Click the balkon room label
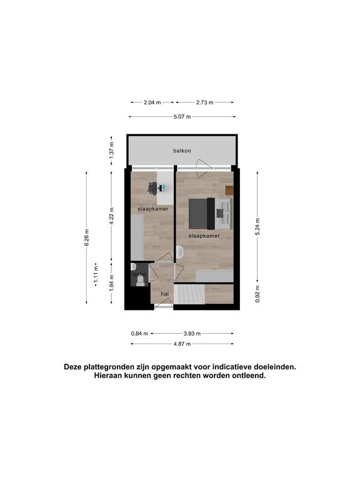point(182,151)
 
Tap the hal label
point(165,294)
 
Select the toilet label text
point(139,275)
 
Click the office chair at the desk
point(152,189)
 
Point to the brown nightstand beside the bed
point(229,191)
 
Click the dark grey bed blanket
point(198,214)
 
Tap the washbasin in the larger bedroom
point(180,252)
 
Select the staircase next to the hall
point(189,294)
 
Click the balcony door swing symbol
point(203,168)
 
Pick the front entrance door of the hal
point(164,303)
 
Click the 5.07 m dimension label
point(182,117)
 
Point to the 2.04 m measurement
point(152,102)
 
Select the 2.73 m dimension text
point(204,102)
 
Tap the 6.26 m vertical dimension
point(87,237)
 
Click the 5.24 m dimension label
point(257,227)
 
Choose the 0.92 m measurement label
point(257,294)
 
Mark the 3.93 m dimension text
point(192,334)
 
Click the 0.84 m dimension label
point(139,334)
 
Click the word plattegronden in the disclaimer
point(110,367)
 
